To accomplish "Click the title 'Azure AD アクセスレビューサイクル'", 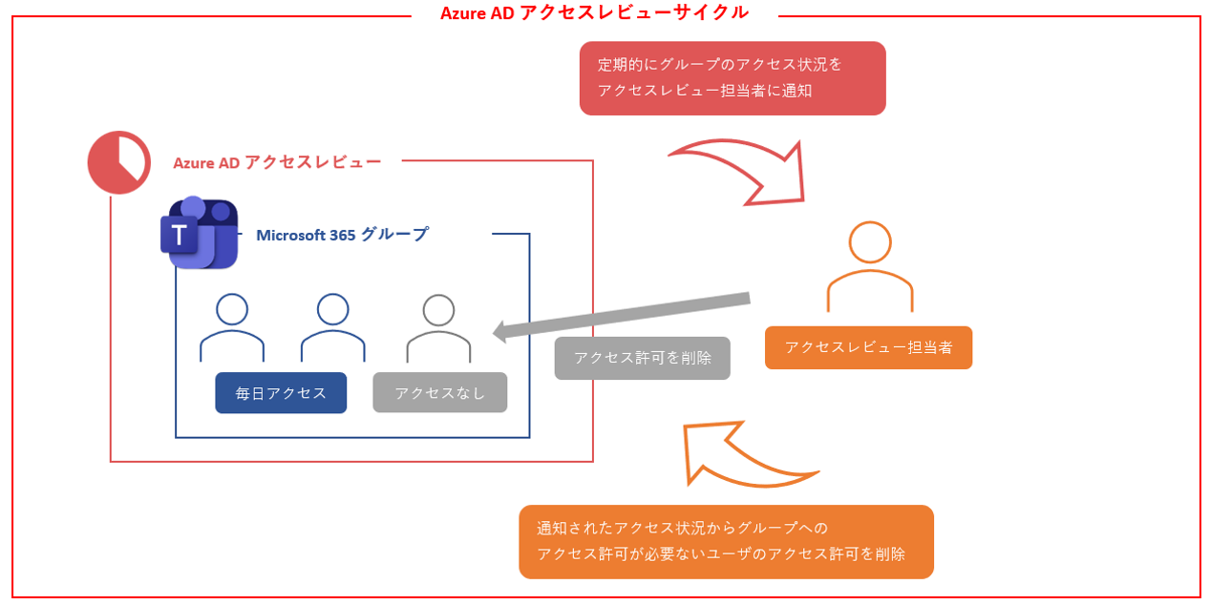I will click(x=594, y=13).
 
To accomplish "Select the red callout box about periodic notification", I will click(x=732, y=78).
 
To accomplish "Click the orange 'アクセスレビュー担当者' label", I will click(x=868, y=348).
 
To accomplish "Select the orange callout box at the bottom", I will click(x=726, y=541).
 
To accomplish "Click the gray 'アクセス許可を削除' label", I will click(x=642, y=358).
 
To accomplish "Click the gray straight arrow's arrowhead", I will click(x=500, y=331).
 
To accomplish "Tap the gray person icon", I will click(x=438, y=328).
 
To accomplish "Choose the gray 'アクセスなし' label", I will click(x=439, y=392).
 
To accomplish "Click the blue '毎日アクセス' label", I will click(x=281, y=392).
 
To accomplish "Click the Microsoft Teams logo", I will click(x=199, y=234).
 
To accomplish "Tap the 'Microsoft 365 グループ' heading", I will click(x=342, y=235).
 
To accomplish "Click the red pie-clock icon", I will click(x=119, y=162).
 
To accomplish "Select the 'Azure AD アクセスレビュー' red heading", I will click(x=277, y=162).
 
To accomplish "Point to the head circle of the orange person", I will click(x=870, y=242).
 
